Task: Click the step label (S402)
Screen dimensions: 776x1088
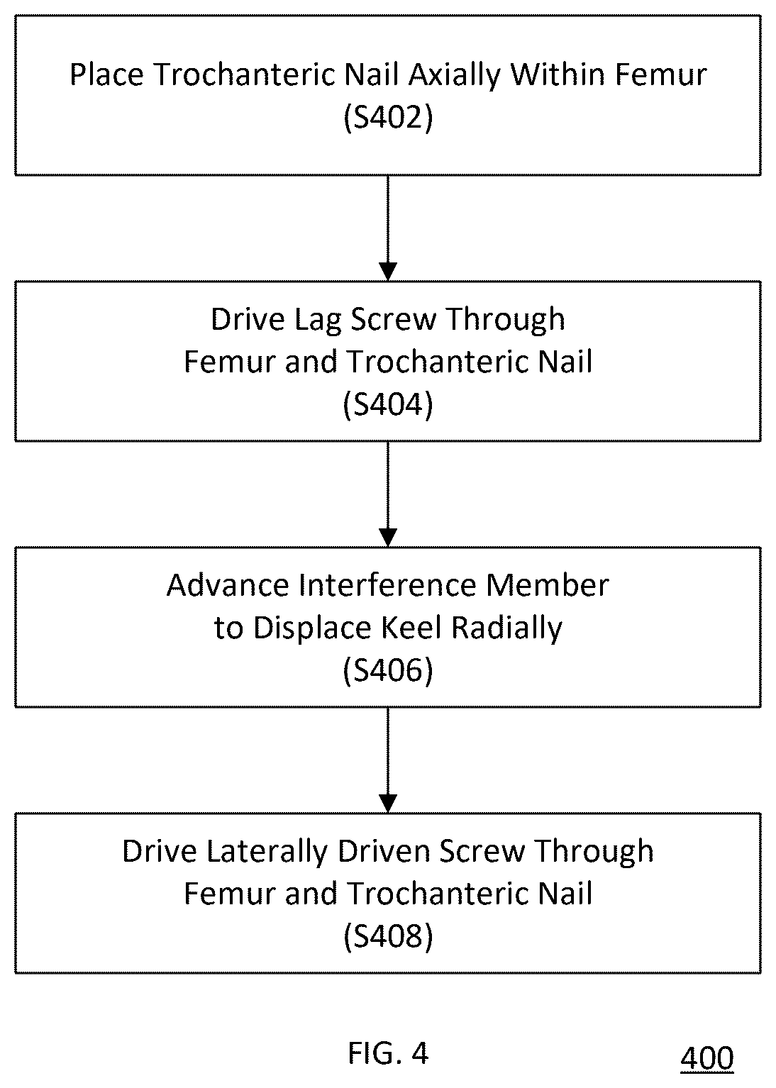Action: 388,118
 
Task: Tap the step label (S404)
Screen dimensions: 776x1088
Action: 388,404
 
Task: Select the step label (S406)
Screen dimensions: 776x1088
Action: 388,671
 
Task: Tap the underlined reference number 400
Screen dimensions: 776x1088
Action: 706,1058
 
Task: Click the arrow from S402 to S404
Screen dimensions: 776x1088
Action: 388,228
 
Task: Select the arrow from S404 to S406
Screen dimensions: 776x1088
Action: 388,494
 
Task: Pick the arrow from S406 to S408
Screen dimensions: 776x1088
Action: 388,760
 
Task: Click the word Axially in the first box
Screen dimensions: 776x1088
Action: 454,76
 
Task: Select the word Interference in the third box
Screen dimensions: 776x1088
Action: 387,584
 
